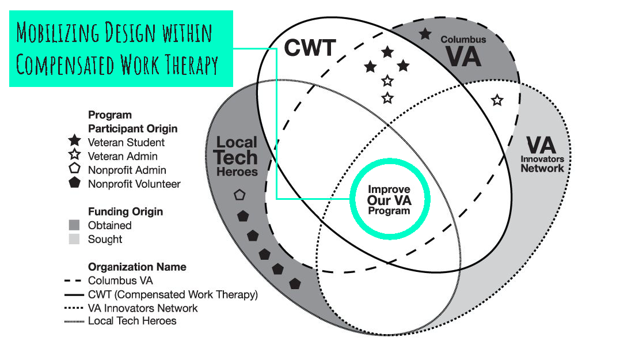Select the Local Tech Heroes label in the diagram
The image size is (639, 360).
(237, 156)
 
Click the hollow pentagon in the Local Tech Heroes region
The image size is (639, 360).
(239, 195)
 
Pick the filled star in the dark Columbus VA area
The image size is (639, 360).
(425, 34)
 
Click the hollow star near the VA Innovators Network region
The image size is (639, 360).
(497, 100)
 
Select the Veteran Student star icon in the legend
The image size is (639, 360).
(74, 142)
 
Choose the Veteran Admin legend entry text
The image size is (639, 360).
(123, 156)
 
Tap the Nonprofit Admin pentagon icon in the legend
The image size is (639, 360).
(74, 170)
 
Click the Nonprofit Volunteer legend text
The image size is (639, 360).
(134, 184)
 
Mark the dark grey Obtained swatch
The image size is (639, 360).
(74, 225)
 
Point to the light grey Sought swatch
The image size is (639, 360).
(74, 239)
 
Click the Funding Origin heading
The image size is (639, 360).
(125, 211)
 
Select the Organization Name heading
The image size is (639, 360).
(137, 267)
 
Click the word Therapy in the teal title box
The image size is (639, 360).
(189, 65)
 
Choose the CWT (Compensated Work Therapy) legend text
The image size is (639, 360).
(173, 295)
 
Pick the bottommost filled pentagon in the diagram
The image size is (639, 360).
(295, 283)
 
